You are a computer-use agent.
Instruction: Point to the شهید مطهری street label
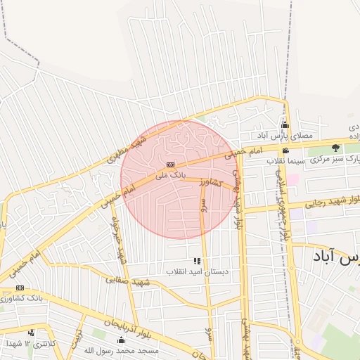(127, 148)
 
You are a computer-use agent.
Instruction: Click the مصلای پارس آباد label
(284, 134)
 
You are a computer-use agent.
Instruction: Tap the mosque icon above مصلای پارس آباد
(285, 124)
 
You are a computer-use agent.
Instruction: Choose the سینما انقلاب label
(285, 160)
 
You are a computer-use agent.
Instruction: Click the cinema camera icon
(285, 150)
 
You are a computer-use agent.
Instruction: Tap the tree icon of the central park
(335, 148)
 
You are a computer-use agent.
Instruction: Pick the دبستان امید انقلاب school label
(197, 271)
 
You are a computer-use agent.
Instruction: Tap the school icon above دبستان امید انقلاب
(197, 261)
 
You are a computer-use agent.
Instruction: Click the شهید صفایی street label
(129, 280)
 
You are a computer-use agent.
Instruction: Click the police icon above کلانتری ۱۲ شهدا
(31, 333)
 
